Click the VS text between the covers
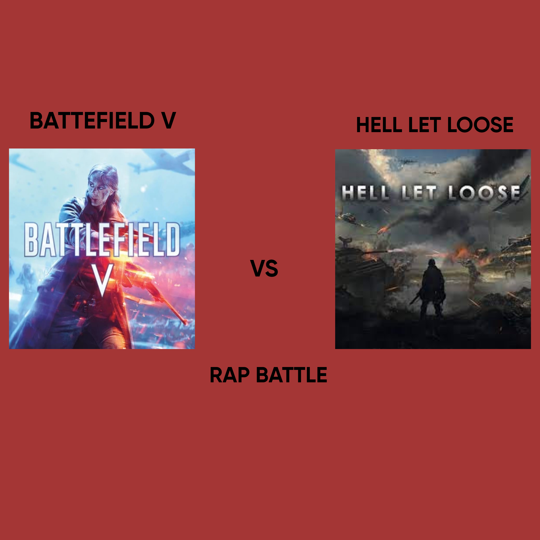264,268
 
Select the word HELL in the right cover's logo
365,193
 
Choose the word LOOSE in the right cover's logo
484,193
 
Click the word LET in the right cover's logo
418,193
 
